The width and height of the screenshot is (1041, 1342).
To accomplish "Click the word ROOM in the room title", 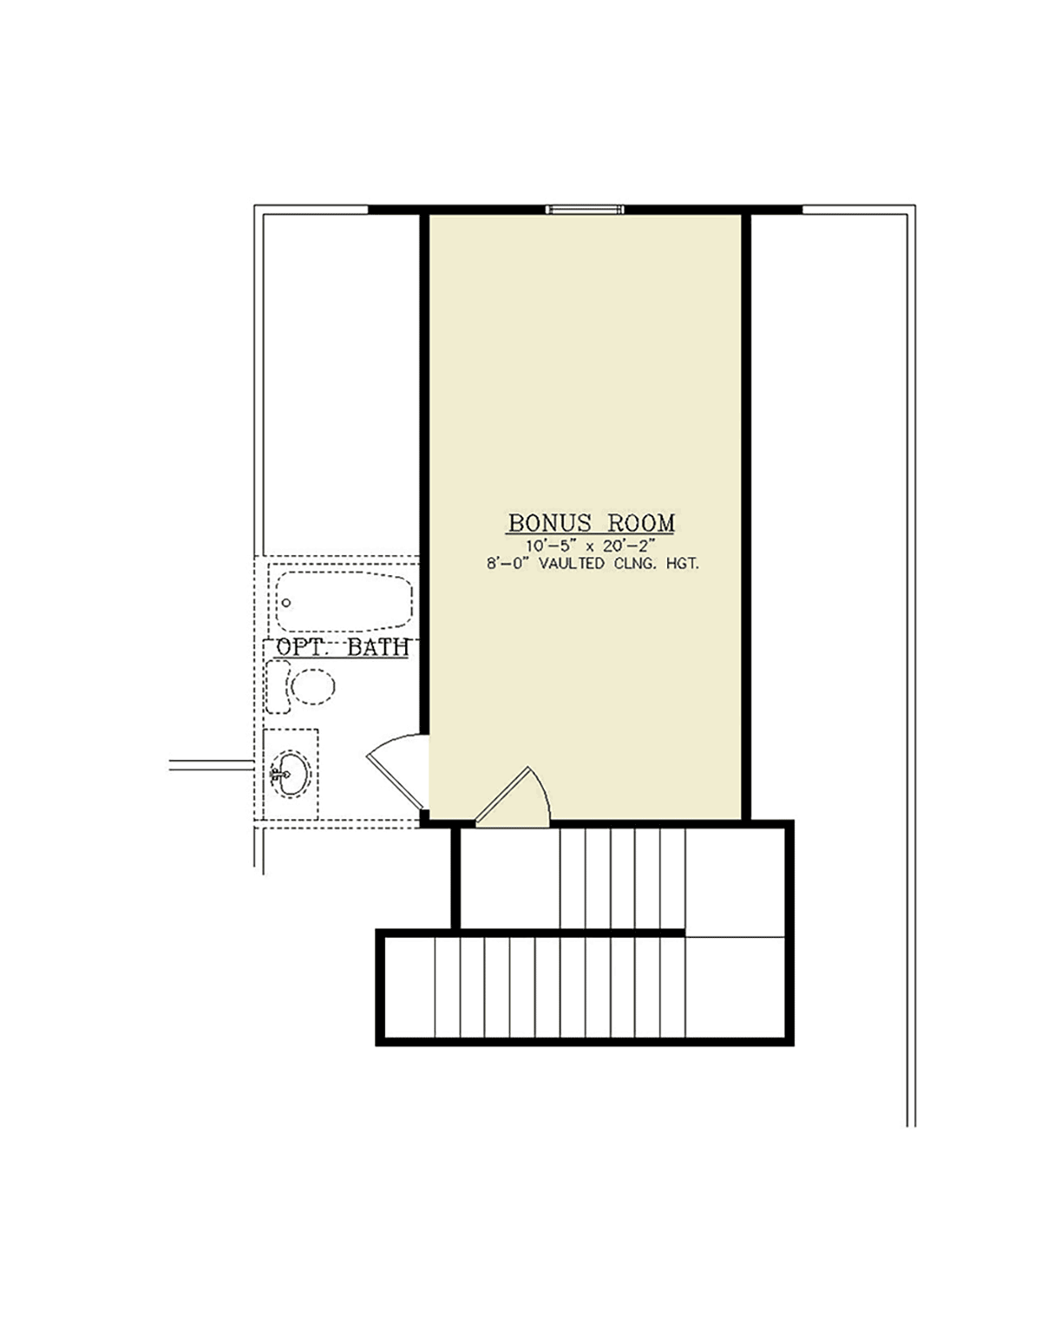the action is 641,523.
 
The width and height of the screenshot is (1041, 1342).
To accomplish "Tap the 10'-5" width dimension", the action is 551,546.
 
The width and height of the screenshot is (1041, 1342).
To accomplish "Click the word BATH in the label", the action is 378,647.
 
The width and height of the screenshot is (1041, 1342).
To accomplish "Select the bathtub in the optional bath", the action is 344,601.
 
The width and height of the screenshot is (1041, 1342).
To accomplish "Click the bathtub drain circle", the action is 286,602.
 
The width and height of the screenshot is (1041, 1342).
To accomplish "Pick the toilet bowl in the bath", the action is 313,687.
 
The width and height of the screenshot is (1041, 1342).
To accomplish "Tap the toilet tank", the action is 278,687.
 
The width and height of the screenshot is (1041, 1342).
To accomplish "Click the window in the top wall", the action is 585,210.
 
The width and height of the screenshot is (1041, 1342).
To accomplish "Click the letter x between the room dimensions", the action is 589,547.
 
